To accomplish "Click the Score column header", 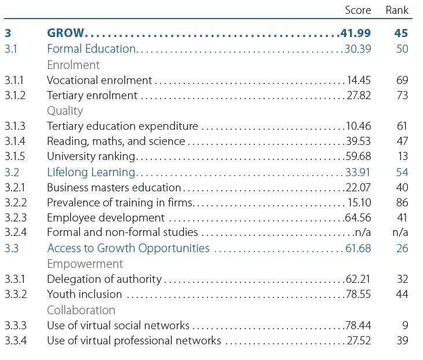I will point(358,10).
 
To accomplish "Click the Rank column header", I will point(397,10).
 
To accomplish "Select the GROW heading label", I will point(65,33).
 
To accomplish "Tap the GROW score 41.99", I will point(355,33).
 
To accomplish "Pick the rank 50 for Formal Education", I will point(402,49).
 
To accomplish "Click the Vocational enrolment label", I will point(99,80).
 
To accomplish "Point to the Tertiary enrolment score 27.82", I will point(359,95).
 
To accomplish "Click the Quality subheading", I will point(65,110).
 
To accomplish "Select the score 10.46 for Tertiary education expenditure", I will point(358,126).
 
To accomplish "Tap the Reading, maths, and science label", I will point(116,141).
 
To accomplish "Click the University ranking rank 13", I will point(402,156).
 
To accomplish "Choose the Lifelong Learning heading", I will point(91,172).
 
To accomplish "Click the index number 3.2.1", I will point(15,187).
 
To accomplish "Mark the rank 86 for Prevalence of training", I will point(402,202).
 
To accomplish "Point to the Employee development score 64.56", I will point(358,217).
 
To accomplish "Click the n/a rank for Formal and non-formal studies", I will point(400,232).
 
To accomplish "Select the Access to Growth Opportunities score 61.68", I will point(358,248).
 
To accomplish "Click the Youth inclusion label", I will point(84,294).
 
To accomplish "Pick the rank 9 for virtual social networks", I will point(405,325).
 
